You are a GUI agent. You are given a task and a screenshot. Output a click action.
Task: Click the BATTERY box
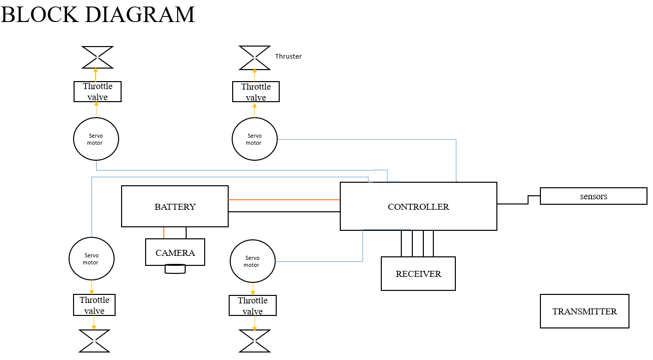click(175, 206)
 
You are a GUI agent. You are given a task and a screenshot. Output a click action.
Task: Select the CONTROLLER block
click(418, 206)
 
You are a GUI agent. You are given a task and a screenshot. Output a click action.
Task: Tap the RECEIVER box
click(418, 273)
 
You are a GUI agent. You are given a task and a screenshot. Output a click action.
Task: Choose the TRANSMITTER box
click(584, 311)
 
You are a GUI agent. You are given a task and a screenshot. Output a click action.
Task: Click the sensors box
click(593, 196)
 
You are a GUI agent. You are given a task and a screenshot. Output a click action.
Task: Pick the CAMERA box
click(175, 252)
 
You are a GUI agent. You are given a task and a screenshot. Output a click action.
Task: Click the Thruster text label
click(288, 57)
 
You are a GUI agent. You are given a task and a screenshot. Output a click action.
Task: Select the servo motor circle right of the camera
click(253, 261)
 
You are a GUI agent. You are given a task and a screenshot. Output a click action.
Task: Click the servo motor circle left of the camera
click(92, 258)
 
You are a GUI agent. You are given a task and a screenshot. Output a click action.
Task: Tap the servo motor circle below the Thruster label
click(255, 139)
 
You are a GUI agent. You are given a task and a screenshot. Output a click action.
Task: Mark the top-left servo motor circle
click(96, 139)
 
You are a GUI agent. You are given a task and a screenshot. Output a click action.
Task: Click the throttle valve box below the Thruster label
click(256, 92)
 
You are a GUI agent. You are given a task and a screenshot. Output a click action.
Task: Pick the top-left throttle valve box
click(98, 92)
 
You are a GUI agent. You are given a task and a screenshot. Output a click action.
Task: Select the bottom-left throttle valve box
click(94, 305)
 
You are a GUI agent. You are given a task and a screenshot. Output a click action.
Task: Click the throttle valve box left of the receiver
click(253, 305)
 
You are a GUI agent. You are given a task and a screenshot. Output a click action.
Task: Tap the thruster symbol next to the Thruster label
click(255, 58)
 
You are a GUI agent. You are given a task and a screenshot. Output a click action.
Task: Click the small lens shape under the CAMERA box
click(175, 269)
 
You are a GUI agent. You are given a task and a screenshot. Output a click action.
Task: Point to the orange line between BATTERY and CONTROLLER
click(284, 200)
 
